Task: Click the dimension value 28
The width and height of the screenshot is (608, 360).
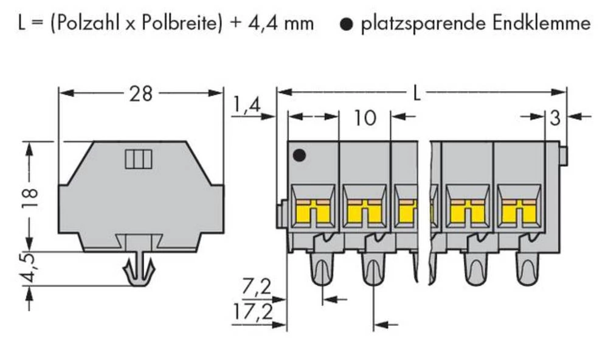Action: [140, 94]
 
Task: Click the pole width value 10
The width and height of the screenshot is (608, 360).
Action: [364, 118]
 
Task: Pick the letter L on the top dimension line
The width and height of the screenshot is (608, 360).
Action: [416, 93]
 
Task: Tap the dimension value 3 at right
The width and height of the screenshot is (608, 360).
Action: [554, 117]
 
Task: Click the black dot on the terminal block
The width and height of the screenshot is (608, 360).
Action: [298, 156]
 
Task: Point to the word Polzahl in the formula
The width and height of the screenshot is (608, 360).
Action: [77, 24]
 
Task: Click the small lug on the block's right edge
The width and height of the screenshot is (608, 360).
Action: [563, 156]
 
